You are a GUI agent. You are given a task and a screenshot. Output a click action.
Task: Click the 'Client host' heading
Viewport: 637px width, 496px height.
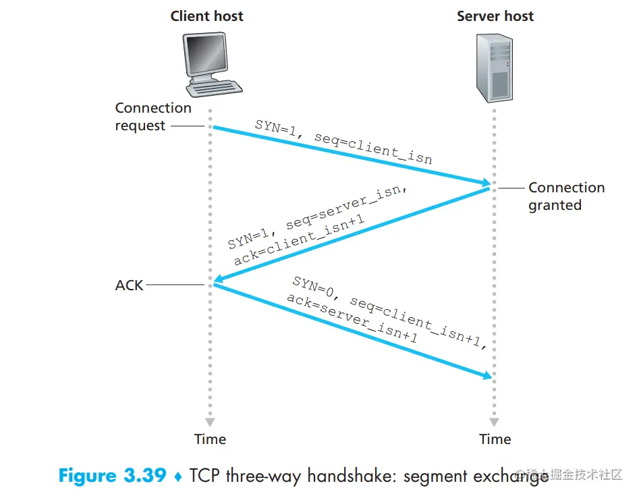(x=206, y=16)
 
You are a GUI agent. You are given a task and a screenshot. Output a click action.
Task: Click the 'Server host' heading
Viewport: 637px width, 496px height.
(x=495, y=16)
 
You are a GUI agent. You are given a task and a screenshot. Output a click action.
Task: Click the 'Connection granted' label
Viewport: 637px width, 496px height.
(x=566, y=196)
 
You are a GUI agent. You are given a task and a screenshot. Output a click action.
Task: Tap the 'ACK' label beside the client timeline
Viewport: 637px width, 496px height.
(x=130, y=285)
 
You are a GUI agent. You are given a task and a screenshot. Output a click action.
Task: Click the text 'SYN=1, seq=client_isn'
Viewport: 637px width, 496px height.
(x=343, y=141)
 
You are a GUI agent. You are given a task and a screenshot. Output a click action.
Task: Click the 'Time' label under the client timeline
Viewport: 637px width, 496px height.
(x=210, y=439)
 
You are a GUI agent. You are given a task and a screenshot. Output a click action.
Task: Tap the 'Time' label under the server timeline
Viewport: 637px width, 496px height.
(x=495, y=439)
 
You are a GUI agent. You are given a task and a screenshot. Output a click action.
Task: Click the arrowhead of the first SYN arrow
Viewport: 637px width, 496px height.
(x=485, y=182)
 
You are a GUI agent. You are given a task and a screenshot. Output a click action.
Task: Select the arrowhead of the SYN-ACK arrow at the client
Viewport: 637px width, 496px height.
(x=218, y=280)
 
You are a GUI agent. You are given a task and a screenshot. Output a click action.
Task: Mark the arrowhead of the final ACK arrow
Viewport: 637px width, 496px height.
(x=485, y=375)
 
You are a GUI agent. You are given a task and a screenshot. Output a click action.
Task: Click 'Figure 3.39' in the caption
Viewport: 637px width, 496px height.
(x=112, y=476)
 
